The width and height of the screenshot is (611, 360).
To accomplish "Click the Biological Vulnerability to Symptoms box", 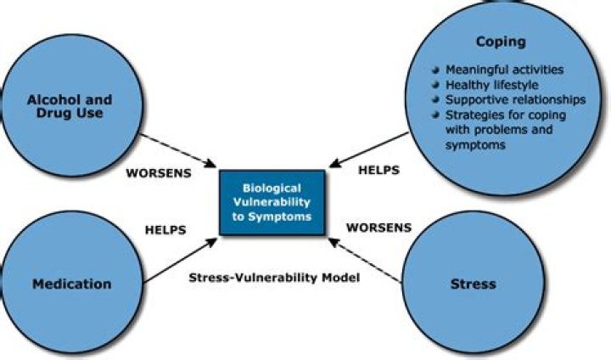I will point(272,203).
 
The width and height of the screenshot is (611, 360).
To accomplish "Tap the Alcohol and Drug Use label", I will point(70,107).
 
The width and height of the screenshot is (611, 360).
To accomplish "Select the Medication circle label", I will point(71,284).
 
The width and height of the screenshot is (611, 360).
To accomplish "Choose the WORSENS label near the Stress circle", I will point(379,228).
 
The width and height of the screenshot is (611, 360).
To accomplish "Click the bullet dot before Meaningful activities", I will point(435,70).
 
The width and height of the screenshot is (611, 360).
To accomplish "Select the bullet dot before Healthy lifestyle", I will point(435,85).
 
